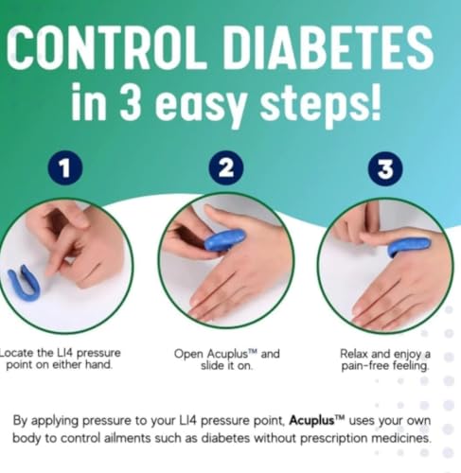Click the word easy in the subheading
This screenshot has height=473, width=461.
click(202, 105)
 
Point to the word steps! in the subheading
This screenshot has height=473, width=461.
click(321, 102)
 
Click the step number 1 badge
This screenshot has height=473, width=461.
click(65, 167)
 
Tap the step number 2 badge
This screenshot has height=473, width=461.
click(226, 167)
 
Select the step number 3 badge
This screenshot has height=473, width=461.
click(385, 168)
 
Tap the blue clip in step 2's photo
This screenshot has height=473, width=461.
click(224, 240)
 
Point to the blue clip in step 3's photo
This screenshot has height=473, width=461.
click(409, 245)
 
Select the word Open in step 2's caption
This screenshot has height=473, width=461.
click(188, 355)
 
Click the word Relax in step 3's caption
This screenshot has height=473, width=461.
click(354, 354)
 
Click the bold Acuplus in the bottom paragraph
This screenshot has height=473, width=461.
click(311, 420)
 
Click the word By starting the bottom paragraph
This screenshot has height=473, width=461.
click(20, 421)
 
